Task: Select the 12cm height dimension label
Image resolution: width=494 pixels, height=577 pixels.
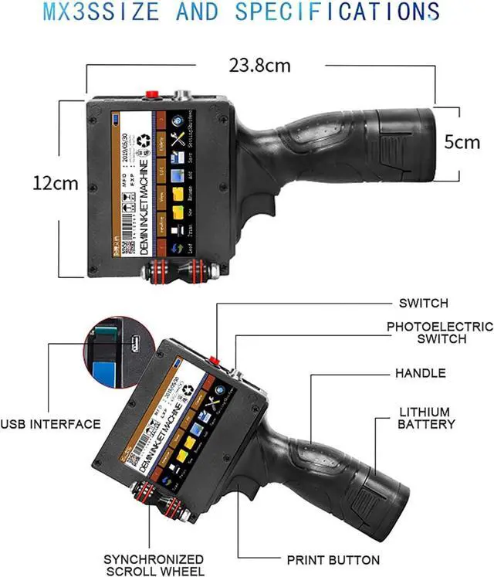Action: click(56, 184)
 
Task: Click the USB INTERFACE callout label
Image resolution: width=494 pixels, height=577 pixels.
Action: click(50, 423)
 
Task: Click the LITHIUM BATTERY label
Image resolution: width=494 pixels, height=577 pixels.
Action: click(427, 418)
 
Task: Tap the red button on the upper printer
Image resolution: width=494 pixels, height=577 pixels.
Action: click(152, 94)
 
